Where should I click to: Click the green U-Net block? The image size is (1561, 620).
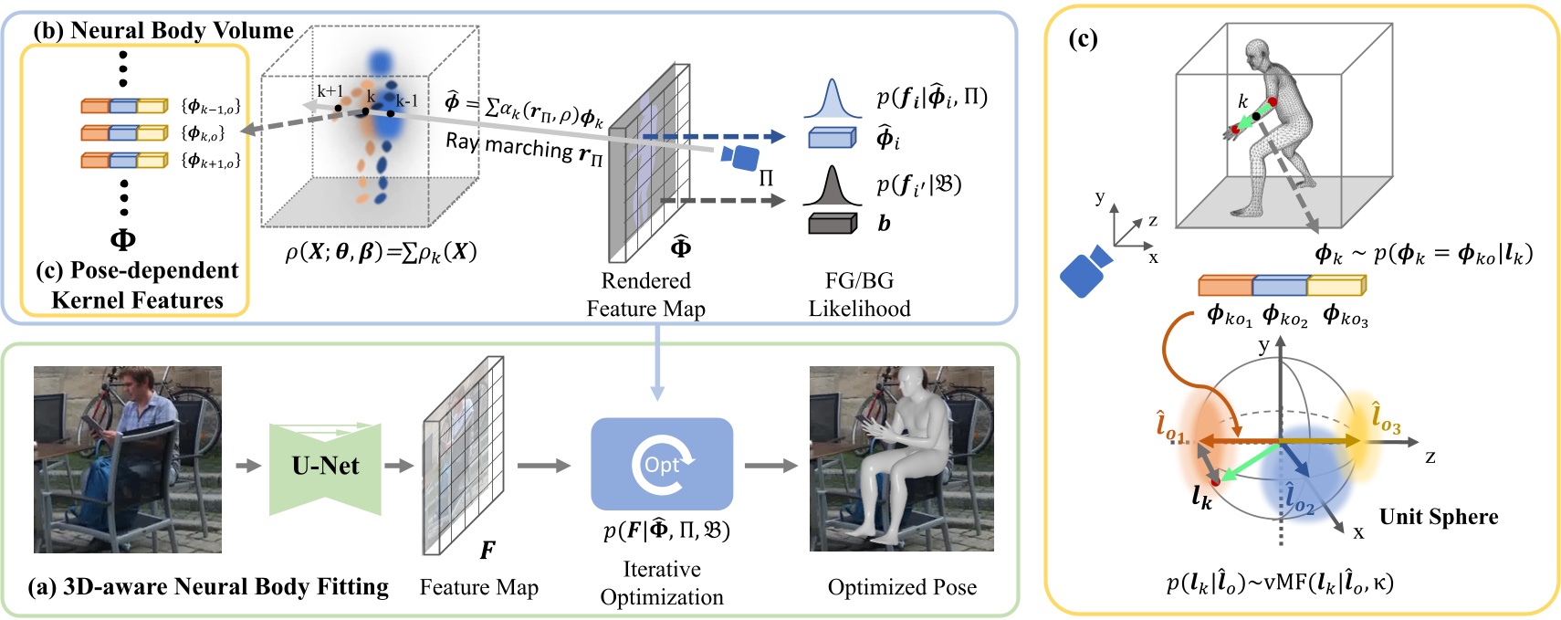[325, 467]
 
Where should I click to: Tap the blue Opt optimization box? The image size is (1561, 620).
[662, 464]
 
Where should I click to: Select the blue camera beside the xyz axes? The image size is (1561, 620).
[1084, 270]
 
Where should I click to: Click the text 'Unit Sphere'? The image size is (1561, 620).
[1438, 517]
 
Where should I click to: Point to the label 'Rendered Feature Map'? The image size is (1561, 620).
[645, 294]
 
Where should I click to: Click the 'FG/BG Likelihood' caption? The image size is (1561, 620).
[859, 294]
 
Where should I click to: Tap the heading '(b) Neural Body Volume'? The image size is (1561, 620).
[163, 30]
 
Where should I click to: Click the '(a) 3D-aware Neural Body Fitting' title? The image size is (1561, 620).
[208, 586]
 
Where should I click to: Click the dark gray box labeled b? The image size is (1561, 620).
[832, 224]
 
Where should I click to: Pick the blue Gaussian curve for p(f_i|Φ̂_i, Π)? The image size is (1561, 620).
[832, 100]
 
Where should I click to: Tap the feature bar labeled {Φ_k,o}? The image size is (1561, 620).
[124, 133]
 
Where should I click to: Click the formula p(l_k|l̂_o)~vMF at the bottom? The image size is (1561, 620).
[1280, 582]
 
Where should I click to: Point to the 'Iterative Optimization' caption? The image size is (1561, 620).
[662, 583]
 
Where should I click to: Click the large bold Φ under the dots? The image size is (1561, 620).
[122, 239]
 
